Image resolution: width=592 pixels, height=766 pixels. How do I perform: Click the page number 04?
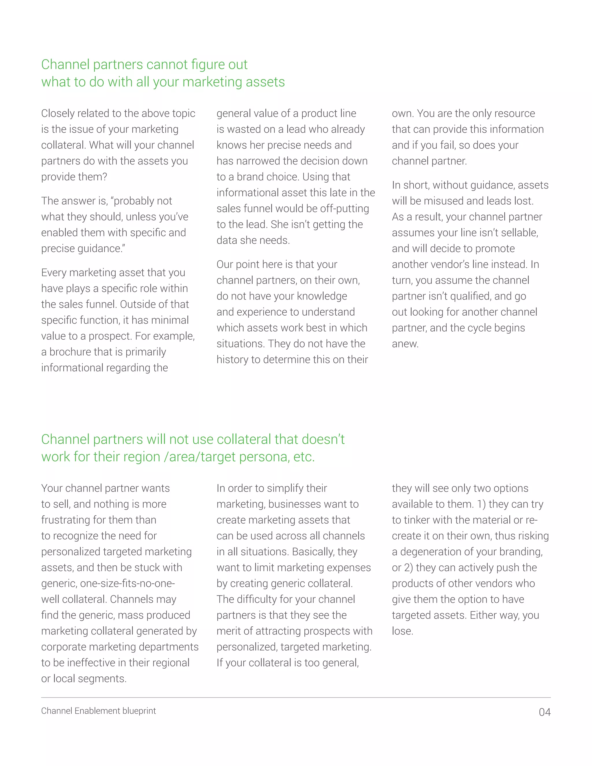pos(545,712)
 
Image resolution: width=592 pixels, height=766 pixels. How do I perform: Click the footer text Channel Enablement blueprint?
pos(99,711)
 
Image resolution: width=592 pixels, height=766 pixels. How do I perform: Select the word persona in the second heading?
pos(263,457)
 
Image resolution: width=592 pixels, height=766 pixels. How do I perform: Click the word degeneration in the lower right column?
pos(431,552)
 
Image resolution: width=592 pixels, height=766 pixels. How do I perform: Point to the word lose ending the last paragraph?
pos(402,631)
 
